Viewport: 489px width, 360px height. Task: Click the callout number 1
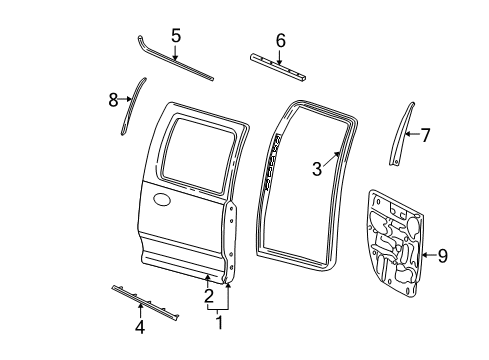point(220,322)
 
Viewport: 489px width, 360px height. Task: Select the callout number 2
point(208,295)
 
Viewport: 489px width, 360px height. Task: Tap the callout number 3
point(316,169)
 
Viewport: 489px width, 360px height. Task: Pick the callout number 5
point(175,36)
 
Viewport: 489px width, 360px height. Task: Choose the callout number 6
point(280,41)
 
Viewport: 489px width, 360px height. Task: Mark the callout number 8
point(113,99)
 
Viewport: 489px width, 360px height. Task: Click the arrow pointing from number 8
point(126,100)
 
